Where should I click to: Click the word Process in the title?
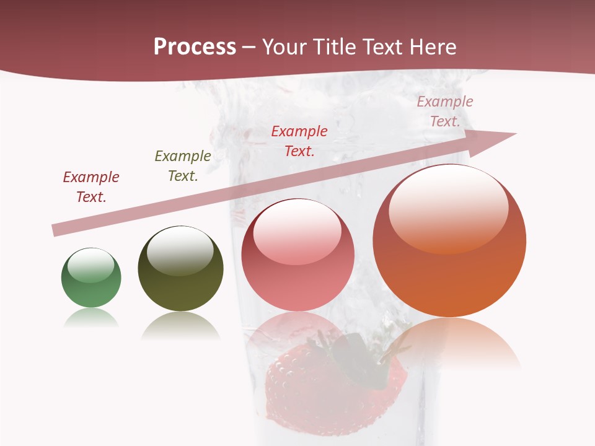click(195, 47)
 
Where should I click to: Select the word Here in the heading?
click(433, 47)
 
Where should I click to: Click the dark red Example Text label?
click(91, 187)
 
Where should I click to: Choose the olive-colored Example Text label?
click(183, 166)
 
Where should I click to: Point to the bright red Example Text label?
click(299, 141)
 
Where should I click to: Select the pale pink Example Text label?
click(445, 111)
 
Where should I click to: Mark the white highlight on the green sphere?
click(90, 266)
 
